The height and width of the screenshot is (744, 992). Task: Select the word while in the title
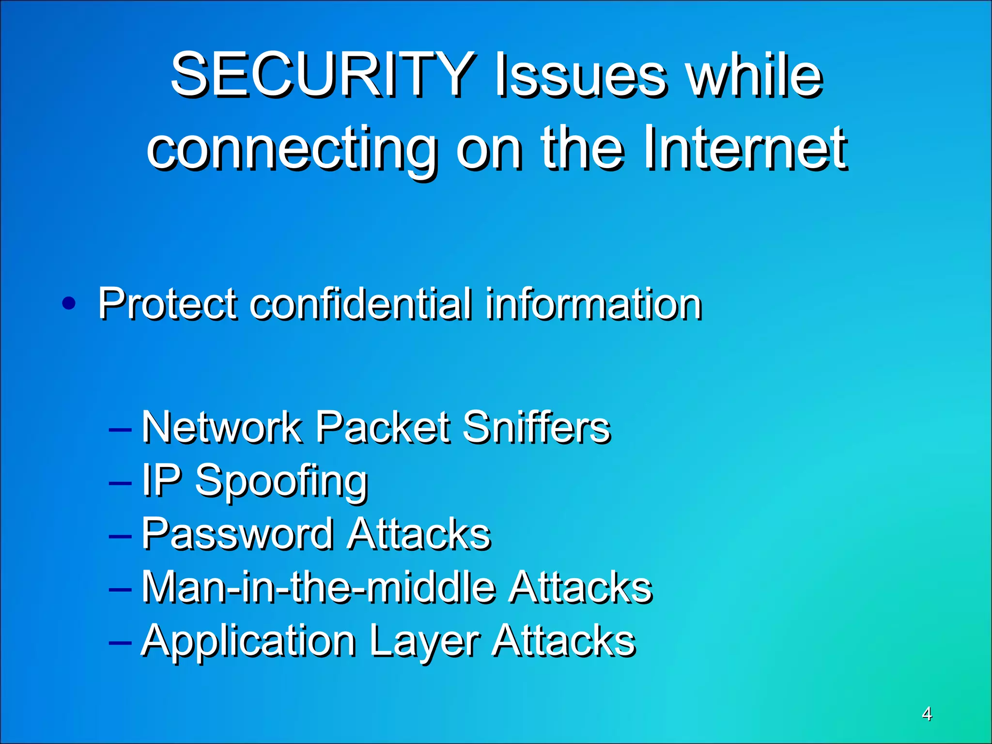point(756,75)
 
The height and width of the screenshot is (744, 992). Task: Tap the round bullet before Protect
point(69,304)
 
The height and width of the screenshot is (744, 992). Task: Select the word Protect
point(168,304)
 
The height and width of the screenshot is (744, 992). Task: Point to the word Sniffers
point(536,427)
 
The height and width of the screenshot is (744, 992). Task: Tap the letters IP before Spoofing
point(161,480)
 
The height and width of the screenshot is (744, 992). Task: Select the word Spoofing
point(281,482)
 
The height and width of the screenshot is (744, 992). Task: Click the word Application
point(248,641)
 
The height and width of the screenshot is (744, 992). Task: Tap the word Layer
point(424,641)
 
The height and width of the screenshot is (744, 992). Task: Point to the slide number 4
point(927,714)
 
